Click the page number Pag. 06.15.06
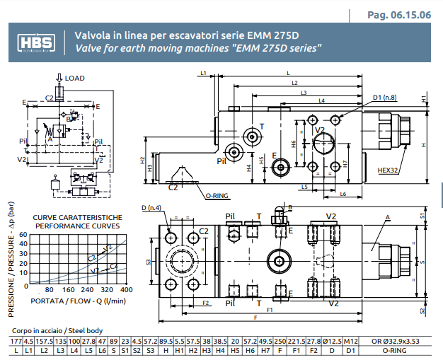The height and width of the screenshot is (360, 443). pyautogui.click(x=398, y=15)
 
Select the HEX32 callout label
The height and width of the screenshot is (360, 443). pyautogui.click(x=388, y=170)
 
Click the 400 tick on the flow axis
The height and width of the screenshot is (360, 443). pyautogui.click(x=126, y=290)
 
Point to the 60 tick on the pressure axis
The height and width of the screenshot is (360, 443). pyautogui.click(x=23, y=235)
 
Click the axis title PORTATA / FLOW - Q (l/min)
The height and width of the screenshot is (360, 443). pyautogui.click(x=79, y=301)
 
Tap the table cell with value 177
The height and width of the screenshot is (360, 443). pyautogui.click(x=16, y=342)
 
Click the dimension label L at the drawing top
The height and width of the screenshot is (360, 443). pyautogui.click(x=289, y=73)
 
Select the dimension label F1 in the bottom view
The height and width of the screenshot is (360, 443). pyautogui.click(x=270, y=310)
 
